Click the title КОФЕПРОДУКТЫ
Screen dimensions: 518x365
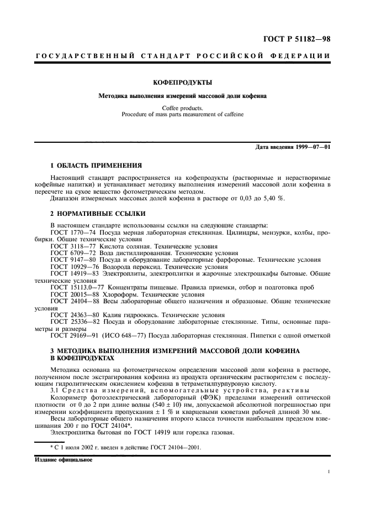[x=182, y=83]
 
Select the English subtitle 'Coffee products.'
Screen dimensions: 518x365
[x=182, y=108]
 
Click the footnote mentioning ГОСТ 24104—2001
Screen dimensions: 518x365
[x=127, y=448]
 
